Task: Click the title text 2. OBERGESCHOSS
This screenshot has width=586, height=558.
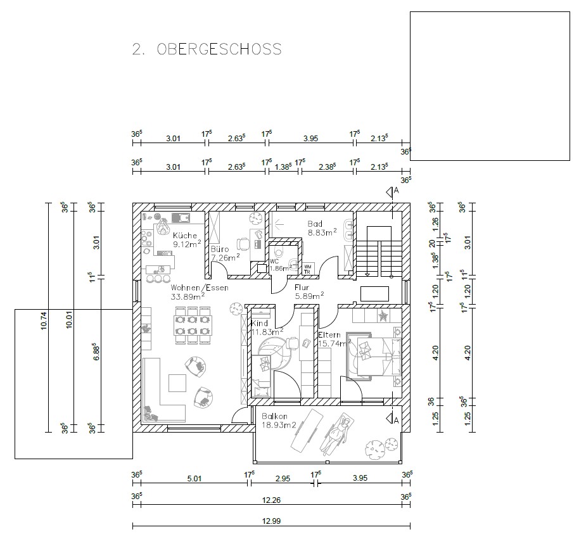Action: pyautogui.click(x=207, y=49)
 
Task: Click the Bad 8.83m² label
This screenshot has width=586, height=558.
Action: pyautogui.click(x=321, y=228)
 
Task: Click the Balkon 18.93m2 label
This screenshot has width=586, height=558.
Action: pyautogui.click(x=278, y=421)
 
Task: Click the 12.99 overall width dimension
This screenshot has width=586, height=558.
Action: pyautogui.click(x=271, y=521)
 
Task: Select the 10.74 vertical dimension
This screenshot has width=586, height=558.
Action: pyautogui.click(x=44, y=320)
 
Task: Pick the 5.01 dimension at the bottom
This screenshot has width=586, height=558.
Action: pyautogui.click(x=194, y=478)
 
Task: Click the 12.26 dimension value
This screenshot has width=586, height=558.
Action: pyautogui.click(x=271, y=500)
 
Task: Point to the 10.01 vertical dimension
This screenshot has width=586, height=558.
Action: pyautogui.click(x=69, y=320)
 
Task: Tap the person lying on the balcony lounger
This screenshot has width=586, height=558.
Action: pyautogui.click(x=337, y=434)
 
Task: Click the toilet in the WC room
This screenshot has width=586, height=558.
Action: pyautogui.click(x=279, y=250)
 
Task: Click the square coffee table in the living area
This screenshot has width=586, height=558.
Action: pyautogui.click(x=177, y=383)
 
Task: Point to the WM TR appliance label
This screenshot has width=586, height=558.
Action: pyautogui.click(x=308, y=269)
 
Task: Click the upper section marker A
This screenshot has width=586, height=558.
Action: pyautogui.click(x=392, y=192)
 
